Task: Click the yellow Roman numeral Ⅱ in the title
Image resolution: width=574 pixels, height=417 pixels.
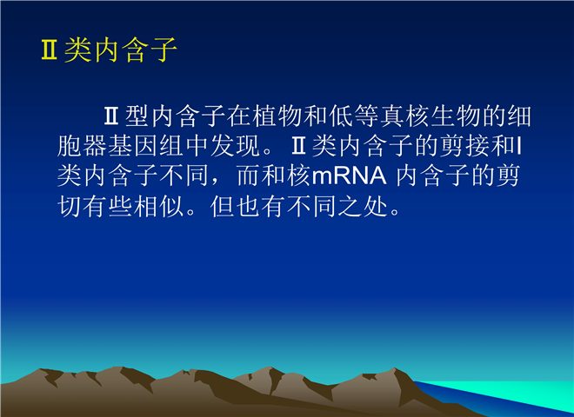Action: [49, 50]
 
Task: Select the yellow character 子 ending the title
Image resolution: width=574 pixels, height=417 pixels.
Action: [164, 50]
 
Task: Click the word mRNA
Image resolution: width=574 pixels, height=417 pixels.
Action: [350, 176]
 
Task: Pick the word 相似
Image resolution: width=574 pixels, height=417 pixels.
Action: [159, 207]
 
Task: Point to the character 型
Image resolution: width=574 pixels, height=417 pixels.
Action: [137, 116]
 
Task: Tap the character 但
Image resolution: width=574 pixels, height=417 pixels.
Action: [222, 207]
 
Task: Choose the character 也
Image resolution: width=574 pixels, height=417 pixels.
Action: [248, 207]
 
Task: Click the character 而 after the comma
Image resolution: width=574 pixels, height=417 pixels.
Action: [249, 176]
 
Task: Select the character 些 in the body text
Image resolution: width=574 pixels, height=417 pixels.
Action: [120, 207]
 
